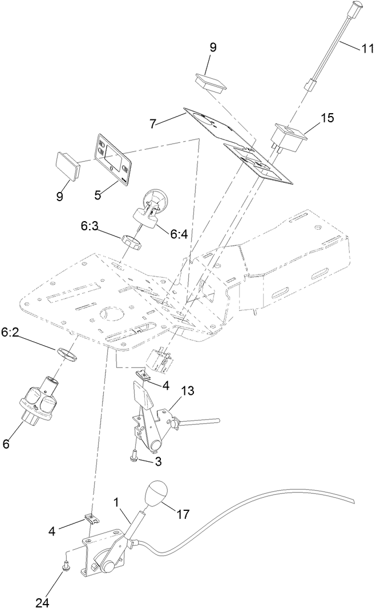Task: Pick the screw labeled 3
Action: point(134,455)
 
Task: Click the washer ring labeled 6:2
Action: point(66,355)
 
